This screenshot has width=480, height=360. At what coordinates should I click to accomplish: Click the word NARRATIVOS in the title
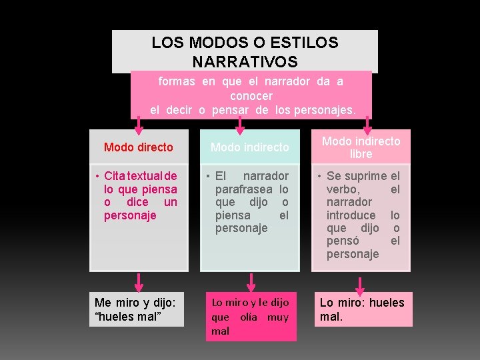tap(244, 62)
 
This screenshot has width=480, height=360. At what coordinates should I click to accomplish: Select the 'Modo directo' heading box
tap(139, 147)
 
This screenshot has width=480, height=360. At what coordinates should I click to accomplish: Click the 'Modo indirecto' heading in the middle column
tap(250, 147)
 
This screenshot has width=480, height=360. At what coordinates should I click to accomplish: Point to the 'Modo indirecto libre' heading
tap(361, 147)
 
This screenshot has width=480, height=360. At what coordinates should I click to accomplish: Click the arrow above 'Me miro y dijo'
tap(139, 281)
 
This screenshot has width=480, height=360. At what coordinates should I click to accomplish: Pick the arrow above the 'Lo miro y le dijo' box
tap(251, 281)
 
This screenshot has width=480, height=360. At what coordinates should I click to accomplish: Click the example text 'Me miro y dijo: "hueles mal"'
tap(137, 309)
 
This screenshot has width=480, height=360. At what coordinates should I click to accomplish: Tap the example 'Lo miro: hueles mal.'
tap(362, 309)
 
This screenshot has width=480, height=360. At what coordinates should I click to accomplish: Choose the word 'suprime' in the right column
tap(366, 177)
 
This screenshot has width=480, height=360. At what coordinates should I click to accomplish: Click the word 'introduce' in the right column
tap(351, 215)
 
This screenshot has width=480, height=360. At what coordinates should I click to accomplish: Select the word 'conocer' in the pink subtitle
tap(251, 95)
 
